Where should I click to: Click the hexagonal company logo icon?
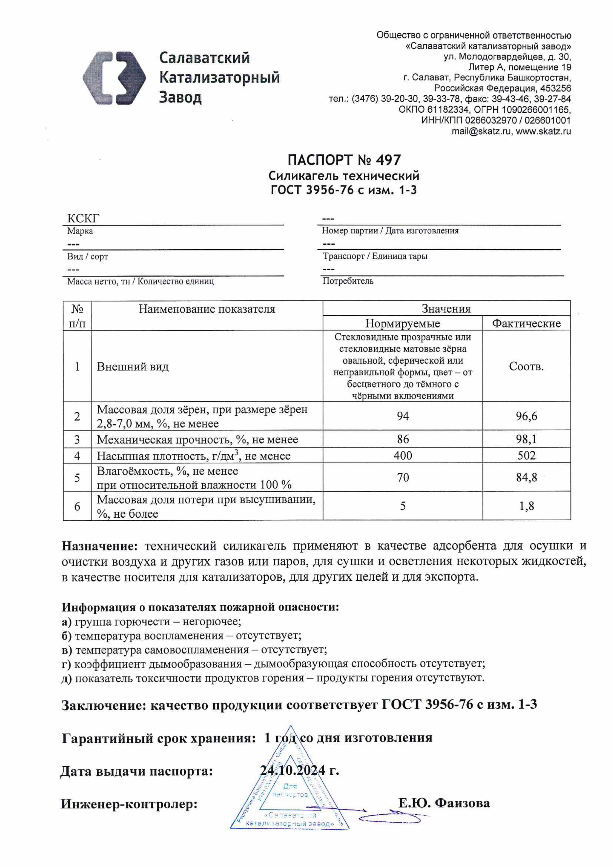114,78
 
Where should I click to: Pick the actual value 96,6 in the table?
526,416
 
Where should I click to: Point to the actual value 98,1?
526,439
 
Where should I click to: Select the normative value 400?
403,455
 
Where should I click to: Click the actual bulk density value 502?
526,455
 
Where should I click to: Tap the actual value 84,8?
526,477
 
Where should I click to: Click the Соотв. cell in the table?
526,366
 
